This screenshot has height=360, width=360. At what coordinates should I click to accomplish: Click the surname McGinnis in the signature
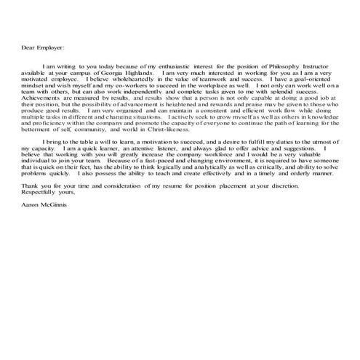(x=52, y=225)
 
